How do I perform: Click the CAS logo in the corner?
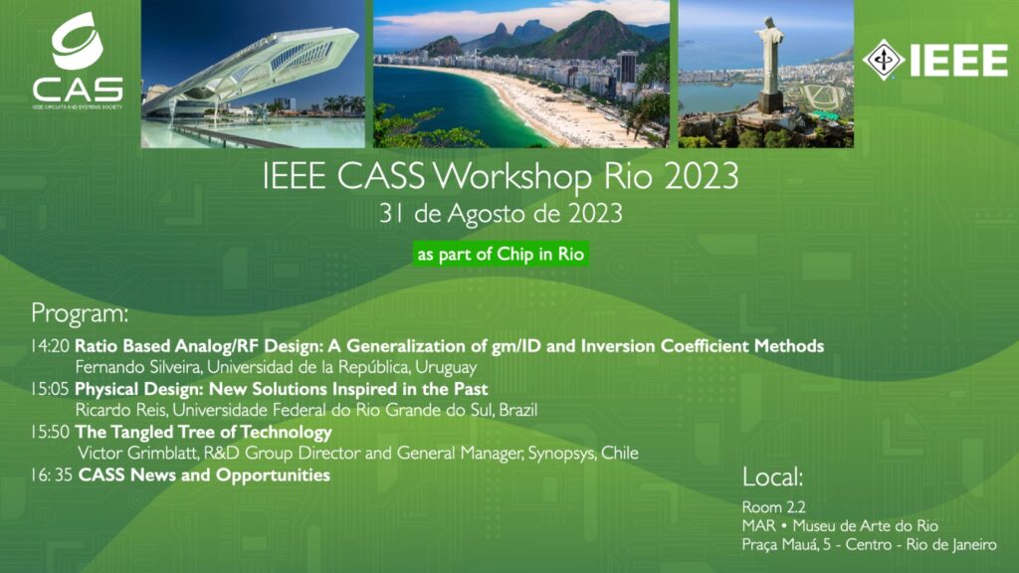77,61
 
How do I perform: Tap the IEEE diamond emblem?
884,60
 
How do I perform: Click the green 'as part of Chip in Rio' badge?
500,254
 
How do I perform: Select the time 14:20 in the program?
50,346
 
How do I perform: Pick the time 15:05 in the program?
50,389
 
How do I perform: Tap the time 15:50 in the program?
50,433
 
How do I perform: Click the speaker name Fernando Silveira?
138,367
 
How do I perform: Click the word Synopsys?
558,454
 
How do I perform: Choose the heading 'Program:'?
80,314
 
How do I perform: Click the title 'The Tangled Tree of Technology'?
203,433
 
